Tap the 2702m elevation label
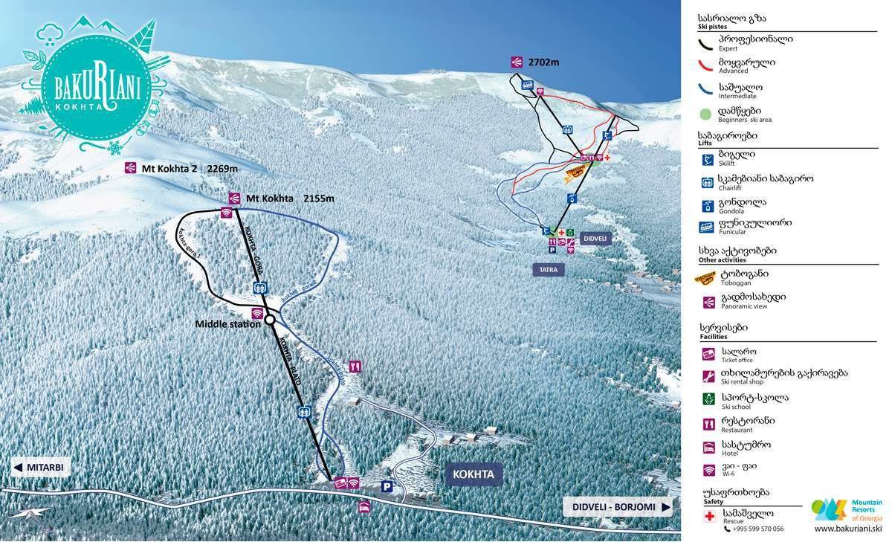click(x=543, y=62)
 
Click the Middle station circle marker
click(x=271, y=320)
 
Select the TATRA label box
click(x=548, y=270)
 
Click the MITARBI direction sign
click(x=42, y=468)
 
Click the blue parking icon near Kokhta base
click(x=387, y=486)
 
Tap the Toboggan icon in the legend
click(x=705, y=278)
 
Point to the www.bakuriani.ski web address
click(x=847, y=529)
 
